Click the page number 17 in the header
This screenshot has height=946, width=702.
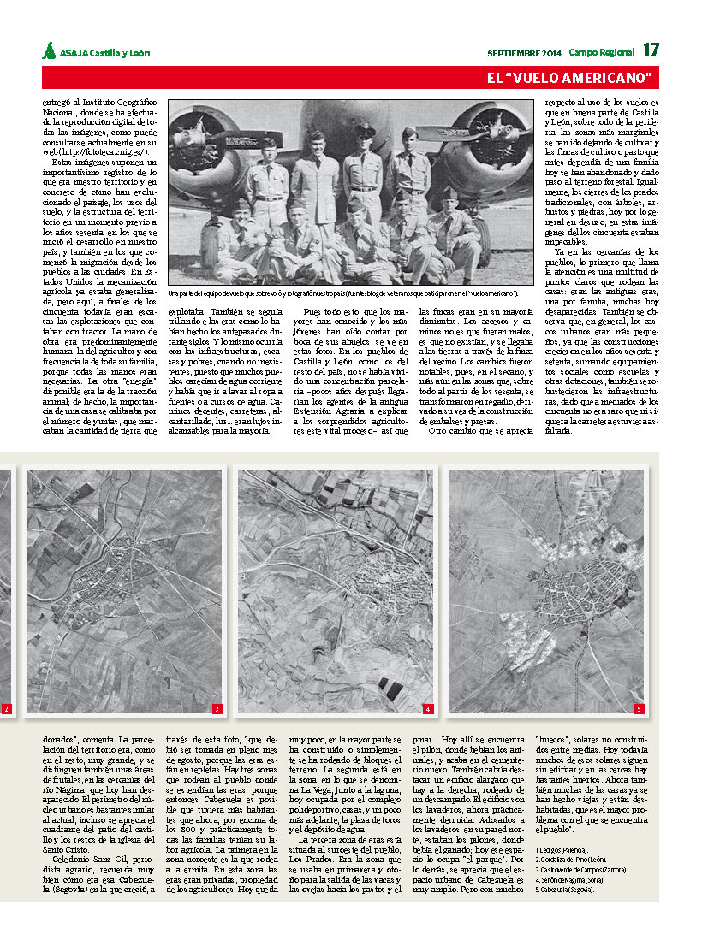click(x=651, y=50)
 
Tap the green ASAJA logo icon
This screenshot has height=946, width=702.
click(x=50, y=50)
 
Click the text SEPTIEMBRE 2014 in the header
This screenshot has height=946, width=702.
click(x=524, y=52)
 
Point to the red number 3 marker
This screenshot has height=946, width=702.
click(x=217, y=709)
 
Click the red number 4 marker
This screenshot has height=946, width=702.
click(x=427, y=709)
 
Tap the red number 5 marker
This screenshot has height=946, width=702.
click(x=638, y=709)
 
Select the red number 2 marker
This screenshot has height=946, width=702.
click(x=5, y=709)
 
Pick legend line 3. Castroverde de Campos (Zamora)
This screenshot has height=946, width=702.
click(x=581, y=869)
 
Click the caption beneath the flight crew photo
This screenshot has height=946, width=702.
click(x=342, y=293)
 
